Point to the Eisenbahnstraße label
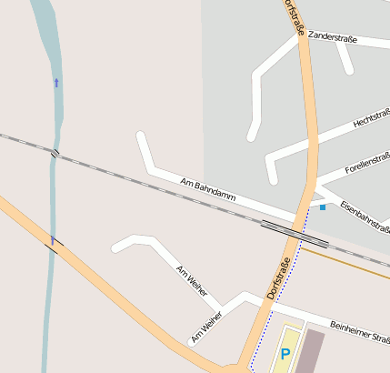pos(365,218)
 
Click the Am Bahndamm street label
pos(208,190)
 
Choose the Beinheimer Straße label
pos(359,336)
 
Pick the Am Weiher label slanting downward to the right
pos(192,283)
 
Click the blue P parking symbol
pos(285,354)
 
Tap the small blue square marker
pos(322,207)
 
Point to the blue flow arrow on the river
pos(56,83)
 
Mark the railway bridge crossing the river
pos(55,153)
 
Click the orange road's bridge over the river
pos(53,242)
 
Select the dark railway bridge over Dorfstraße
pos(294,233)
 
